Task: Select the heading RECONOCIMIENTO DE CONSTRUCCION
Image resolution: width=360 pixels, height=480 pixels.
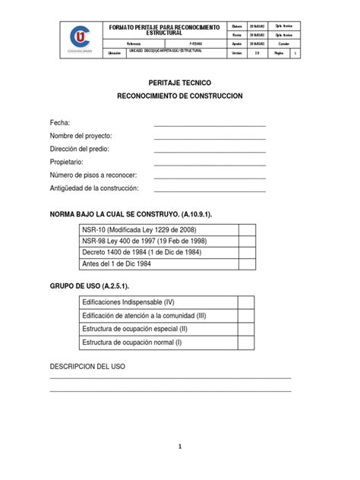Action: pos(179,97)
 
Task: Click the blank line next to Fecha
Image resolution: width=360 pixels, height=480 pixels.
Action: pos(210,123)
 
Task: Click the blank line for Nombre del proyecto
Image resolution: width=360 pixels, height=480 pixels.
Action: pos(210,137)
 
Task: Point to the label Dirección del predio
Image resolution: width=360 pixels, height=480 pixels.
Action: pos(85,150)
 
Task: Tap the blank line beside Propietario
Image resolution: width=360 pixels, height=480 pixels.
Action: pos(210,163)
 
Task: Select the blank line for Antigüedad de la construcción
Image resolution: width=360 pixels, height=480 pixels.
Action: pos(210,190)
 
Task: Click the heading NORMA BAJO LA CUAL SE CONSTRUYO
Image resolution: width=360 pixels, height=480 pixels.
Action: pos(131,214)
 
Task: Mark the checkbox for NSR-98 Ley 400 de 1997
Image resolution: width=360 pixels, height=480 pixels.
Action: pos(247,242)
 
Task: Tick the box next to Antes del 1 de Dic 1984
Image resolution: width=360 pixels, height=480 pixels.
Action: pos(247,264)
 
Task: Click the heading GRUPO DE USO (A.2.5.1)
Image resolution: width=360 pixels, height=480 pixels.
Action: pos(89,286)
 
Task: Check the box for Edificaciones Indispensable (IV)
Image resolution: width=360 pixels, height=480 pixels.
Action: pos(247,303)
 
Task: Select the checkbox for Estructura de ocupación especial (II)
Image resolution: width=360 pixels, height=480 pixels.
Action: pos(247,330)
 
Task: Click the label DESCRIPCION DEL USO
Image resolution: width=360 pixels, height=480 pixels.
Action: pos(87,366)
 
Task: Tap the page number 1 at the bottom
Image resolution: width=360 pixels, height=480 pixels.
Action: pos(180,447)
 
